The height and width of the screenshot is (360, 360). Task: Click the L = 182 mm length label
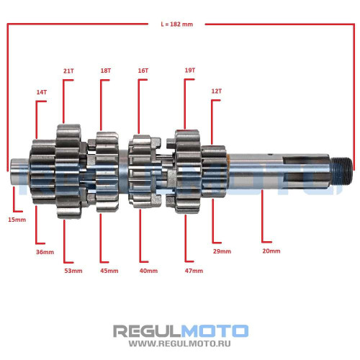(x=177, y=24)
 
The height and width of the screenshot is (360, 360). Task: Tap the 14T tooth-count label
(x=42, y=92)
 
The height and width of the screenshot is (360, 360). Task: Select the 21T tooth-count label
(x=68, y=71)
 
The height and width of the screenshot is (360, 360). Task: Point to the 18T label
(x=106, y=71)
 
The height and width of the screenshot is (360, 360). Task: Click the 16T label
(x=143, y=71)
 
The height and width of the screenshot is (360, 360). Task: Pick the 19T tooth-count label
(x=190, y=71)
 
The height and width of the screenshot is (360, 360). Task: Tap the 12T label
(x=217, y=91)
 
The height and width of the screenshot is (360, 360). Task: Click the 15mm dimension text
(x=17, y=220)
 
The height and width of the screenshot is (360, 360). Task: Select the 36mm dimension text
(x=45, y=252)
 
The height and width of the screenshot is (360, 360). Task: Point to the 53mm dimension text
(x=73, y=271)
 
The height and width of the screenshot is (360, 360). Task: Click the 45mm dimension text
(x=109, y=271)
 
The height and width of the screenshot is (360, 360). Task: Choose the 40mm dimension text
(x=148, y=271)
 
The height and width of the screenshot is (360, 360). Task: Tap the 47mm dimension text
(x=194, y=271)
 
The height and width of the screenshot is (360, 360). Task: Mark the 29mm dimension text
(x=222, y=251)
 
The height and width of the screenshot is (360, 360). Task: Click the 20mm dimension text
(x=271, y=251)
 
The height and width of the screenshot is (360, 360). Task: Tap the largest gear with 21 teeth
(x=69, y=171)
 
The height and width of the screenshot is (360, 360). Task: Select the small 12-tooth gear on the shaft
(x=214, y=171)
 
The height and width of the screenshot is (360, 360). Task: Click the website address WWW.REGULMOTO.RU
(x=179, y=343)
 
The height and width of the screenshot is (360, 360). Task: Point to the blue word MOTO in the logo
(x=215, y=331)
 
